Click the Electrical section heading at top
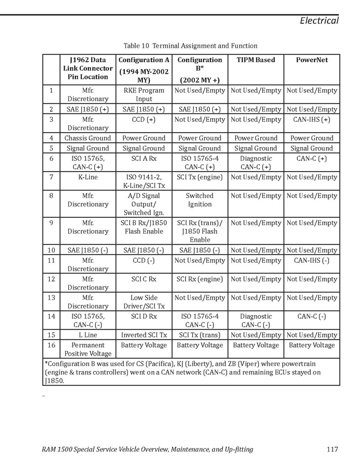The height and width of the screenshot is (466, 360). (319, 21)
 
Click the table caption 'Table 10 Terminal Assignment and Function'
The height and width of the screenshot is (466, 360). (190, 46)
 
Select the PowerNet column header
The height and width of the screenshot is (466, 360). (312, 60)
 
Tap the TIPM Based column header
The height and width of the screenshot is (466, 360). (256, 60)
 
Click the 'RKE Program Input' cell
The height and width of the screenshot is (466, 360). (144, 94)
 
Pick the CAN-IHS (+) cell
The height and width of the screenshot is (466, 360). (312, 120)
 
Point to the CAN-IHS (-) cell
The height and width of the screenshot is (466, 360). (312, 261)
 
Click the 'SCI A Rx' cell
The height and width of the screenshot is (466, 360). (144, 159)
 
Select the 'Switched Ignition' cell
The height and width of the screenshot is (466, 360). (199, 200)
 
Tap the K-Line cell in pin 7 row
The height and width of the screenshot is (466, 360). (88, 177)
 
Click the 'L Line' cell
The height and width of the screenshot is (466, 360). (88, 335)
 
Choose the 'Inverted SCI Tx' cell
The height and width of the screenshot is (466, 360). (144, 335)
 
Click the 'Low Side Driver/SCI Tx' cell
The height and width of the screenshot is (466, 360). (144, 302)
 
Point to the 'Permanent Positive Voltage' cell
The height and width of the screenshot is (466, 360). (88, 349)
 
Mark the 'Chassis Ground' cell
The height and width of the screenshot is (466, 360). (88, 138)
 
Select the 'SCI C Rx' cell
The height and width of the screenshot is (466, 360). (144, 279)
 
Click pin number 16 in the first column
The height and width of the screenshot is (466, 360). (51, 345)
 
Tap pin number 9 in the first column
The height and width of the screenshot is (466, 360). (51, 223)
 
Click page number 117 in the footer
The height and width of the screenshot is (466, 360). (333, 449)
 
